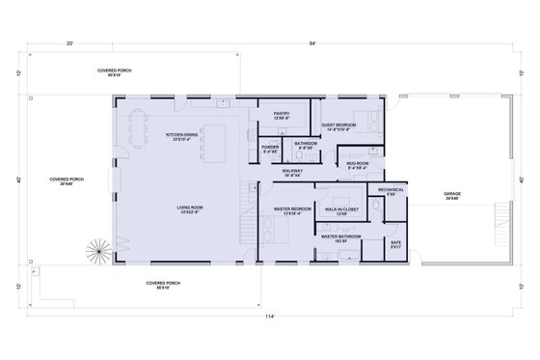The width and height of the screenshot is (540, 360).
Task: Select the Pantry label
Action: point(282,116)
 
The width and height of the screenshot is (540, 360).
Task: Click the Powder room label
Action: point(270,150)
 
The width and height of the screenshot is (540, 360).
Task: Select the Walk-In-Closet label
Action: point(343,209)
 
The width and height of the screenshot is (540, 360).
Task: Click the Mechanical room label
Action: point(391,190)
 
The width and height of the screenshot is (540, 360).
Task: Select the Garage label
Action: point(451,196)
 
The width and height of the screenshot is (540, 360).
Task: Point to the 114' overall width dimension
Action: point(271,315)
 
